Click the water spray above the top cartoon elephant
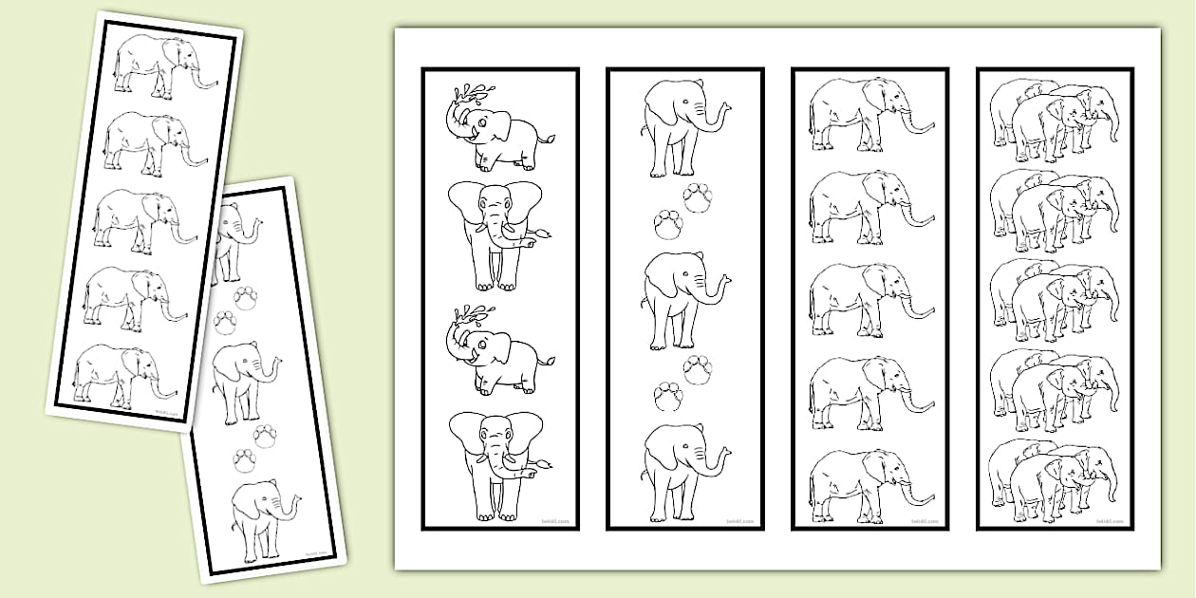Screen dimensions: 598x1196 (472, 95)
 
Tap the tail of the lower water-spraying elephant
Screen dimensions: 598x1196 (547, 360)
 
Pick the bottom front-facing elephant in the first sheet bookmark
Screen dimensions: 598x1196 (495, 464)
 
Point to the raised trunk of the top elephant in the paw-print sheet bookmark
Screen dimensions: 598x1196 (719, 113)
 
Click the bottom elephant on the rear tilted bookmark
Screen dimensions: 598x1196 (259, 519)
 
